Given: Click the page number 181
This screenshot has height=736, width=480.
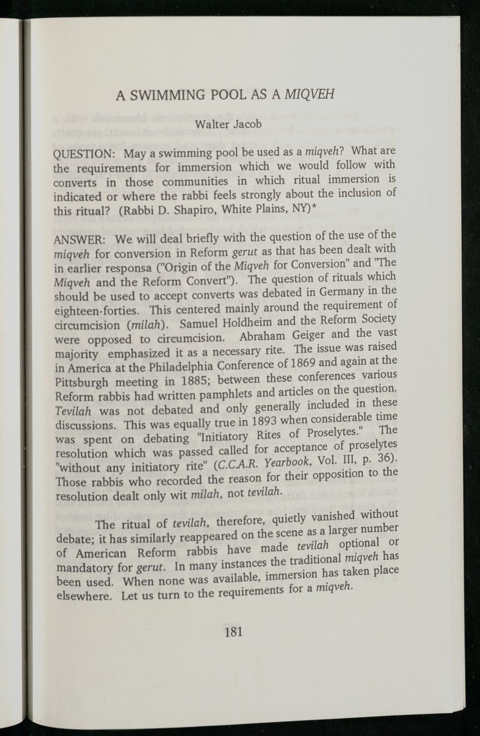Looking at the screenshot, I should point(233,631).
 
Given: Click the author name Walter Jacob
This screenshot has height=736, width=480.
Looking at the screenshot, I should point(228,124).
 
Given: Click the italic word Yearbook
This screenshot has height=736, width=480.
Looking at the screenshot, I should point(288,465).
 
